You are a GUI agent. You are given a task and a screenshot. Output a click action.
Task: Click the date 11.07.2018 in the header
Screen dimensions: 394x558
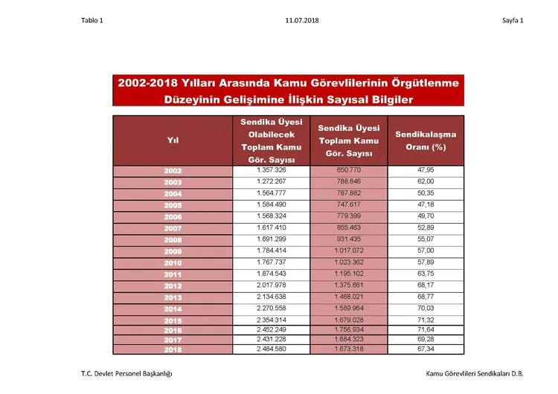coord(302,20)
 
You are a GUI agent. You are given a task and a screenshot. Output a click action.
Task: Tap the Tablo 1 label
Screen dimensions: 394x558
coord(92,20)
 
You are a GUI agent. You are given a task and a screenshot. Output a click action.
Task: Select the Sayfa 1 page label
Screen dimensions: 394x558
coord(513,20)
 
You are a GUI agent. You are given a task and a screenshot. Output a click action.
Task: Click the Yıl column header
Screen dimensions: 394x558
coord(173,140)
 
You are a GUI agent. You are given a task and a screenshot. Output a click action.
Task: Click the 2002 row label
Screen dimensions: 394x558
coord(173,171)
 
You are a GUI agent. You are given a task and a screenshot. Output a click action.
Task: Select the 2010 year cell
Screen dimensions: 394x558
coord(173,263)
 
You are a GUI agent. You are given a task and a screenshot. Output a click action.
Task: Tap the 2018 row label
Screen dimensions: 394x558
coord(173,349)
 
